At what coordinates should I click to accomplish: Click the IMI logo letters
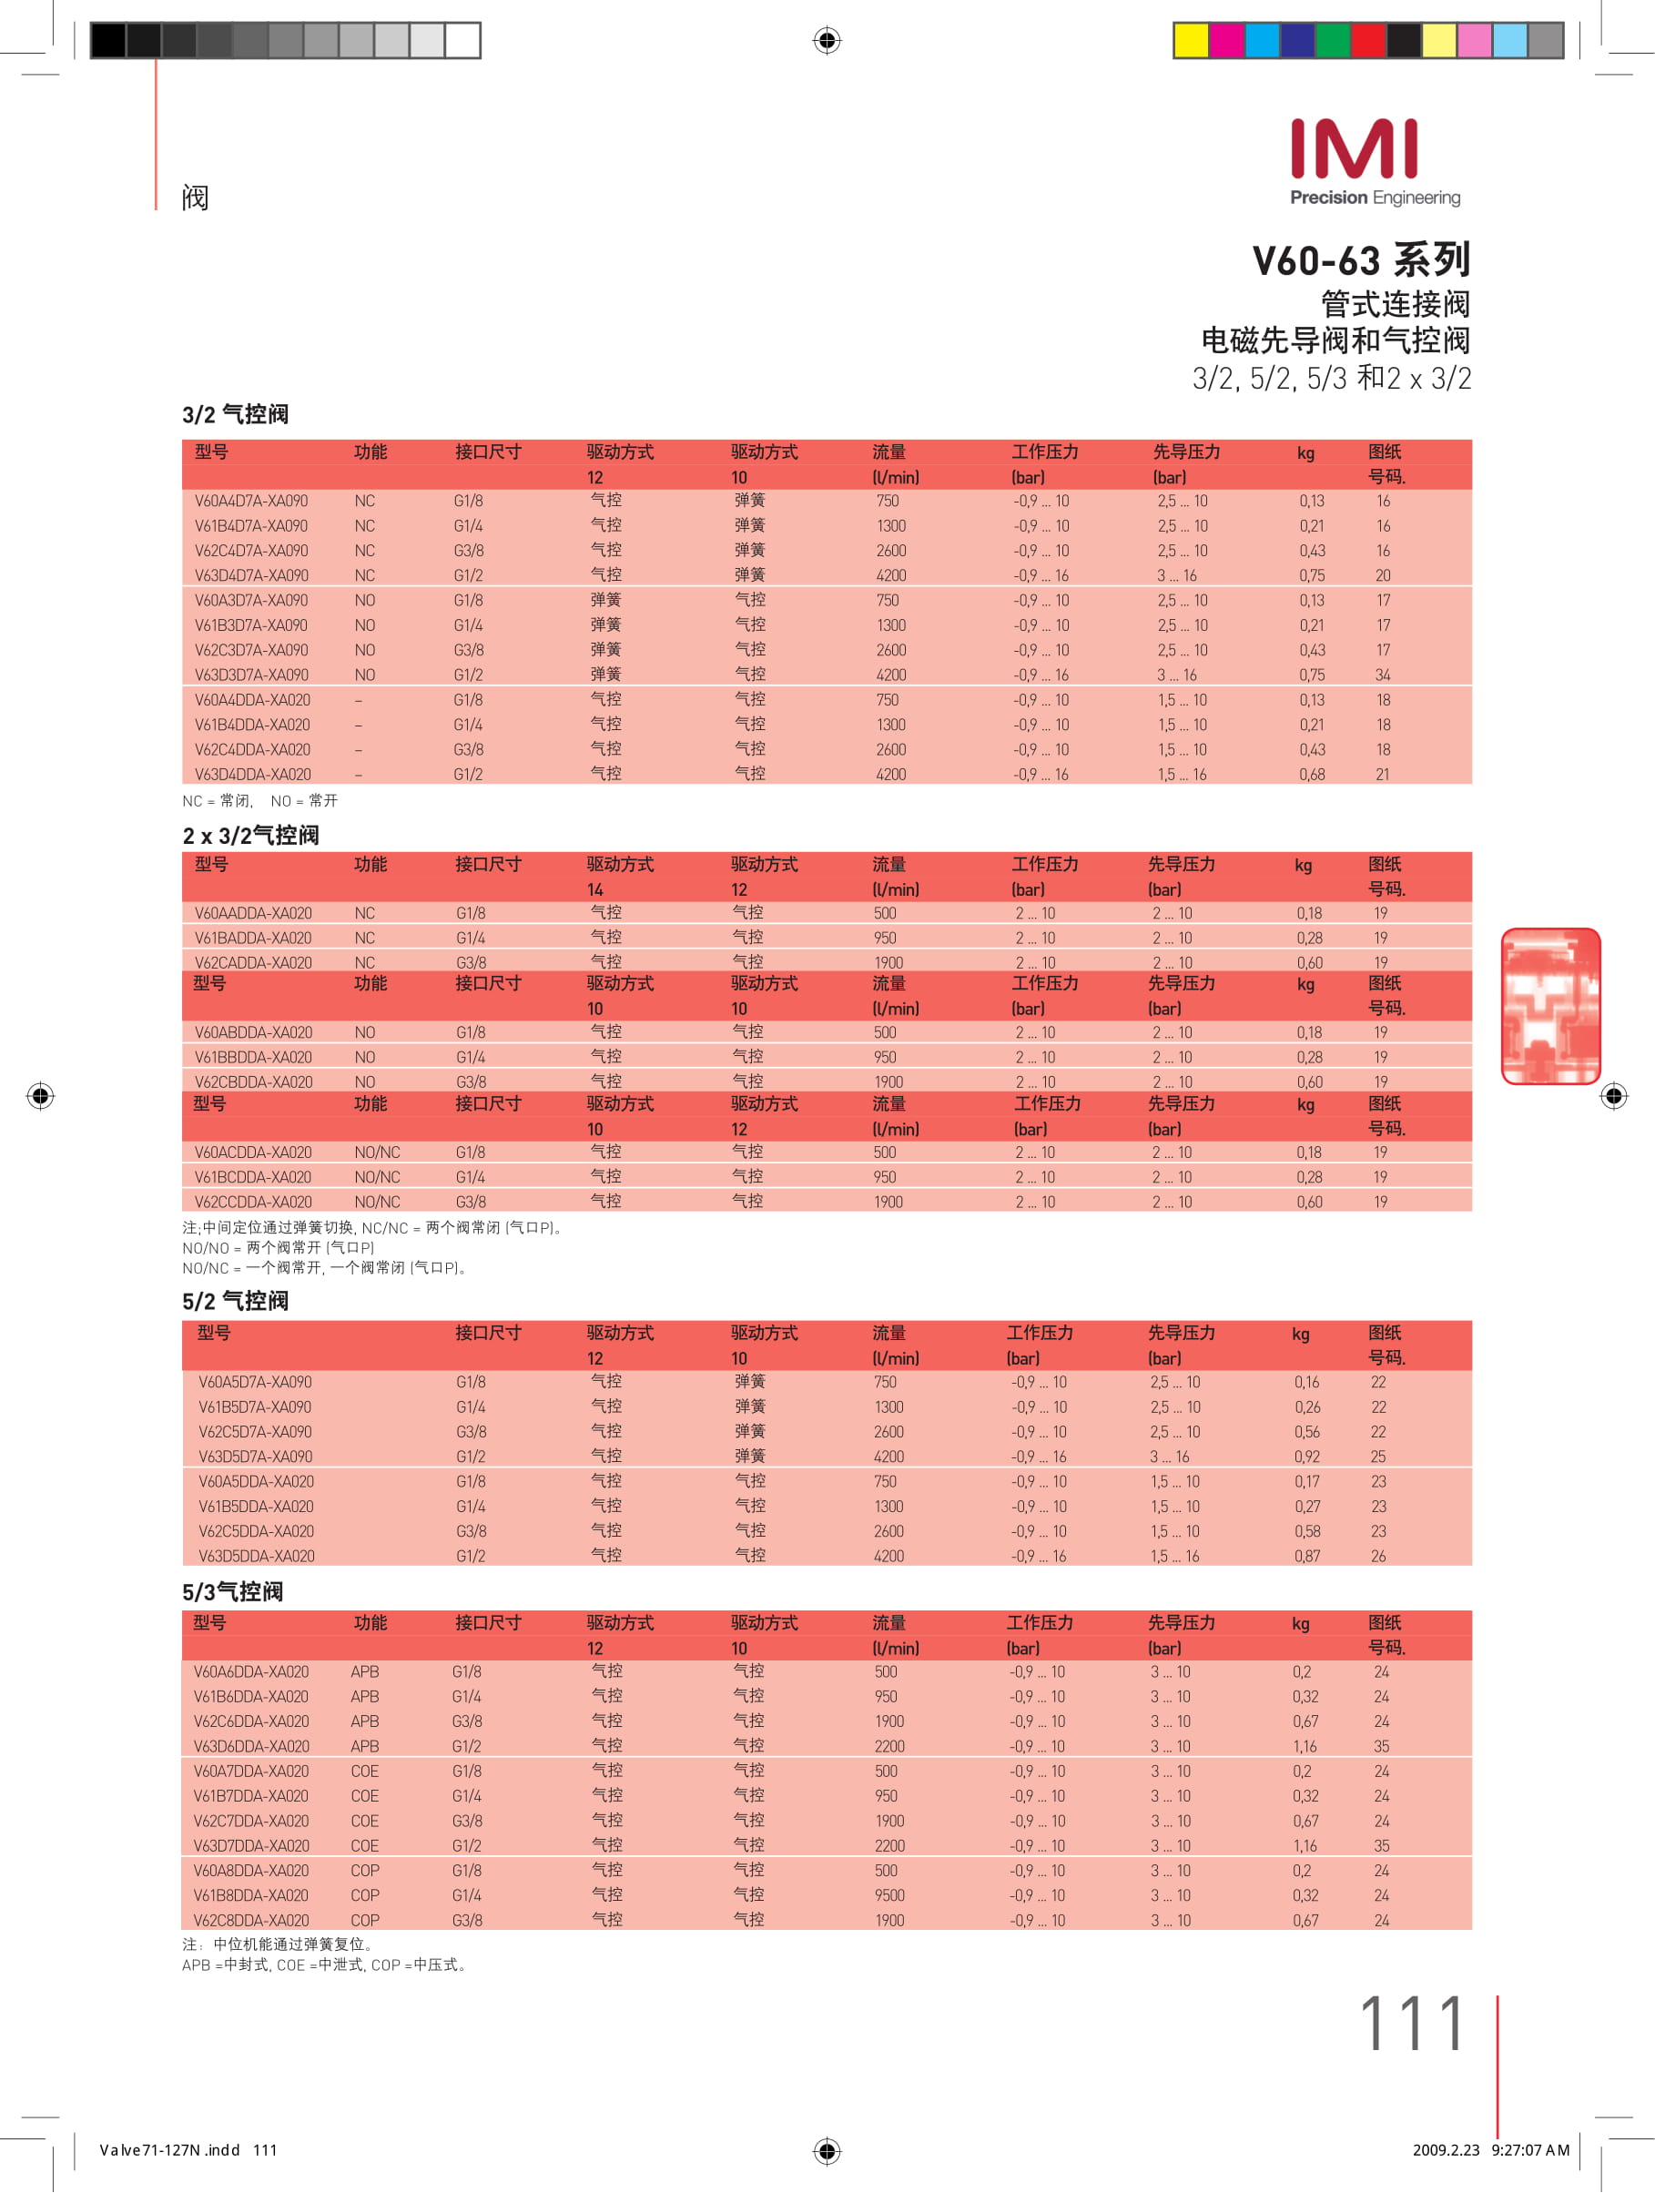pyautogui.click(x=1354, y=149)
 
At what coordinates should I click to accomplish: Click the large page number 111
pyautogui.click(x=1411, y=2025)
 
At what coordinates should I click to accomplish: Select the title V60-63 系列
pyautogui.click(x=1360, y=260)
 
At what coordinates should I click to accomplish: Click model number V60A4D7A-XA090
pyautogui.click(x=251, y=502)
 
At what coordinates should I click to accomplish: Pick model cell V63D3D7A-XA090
pyautogui.click(x=251, y=675)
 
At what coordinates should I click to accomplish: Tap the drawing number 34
pyautogui.click(x=1382, y=675)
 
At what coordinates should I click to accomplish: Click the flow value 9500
pyautogui.click(x=889, y=1895)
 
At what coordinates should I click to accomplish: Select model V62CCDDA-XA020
pyautogui.click(x=253, y=1203)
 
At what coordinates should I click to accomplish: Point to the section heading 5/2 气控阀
pyautogui.click(x=235, y=1301)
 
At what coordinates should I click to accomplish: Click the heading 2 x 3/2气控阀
pyautogui.click(x=251, y=836)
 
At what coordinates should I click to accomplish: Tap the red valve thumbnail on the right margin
pyautogui.click(x=1550, y=1005)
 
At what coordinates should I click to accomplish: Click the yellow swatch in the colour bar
pyautogui.click(x=1191, y=41)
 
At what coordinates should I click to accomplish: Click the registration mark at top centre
pyautogui.click(x=827, y=41)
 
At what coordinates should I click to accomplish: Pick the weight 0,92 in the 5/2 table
pyautogui.click(x=1306, y=1457)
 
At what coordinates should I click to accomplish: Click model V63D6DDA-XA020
pyautogui.click(x=251, y=1747)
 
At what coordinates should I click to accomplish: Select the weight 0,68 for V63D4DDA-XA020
pyautogui.click(x=1311, y=776)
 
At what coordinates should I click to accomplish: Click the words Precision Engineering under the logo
pyautogui.click(x=1375, y=198)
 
